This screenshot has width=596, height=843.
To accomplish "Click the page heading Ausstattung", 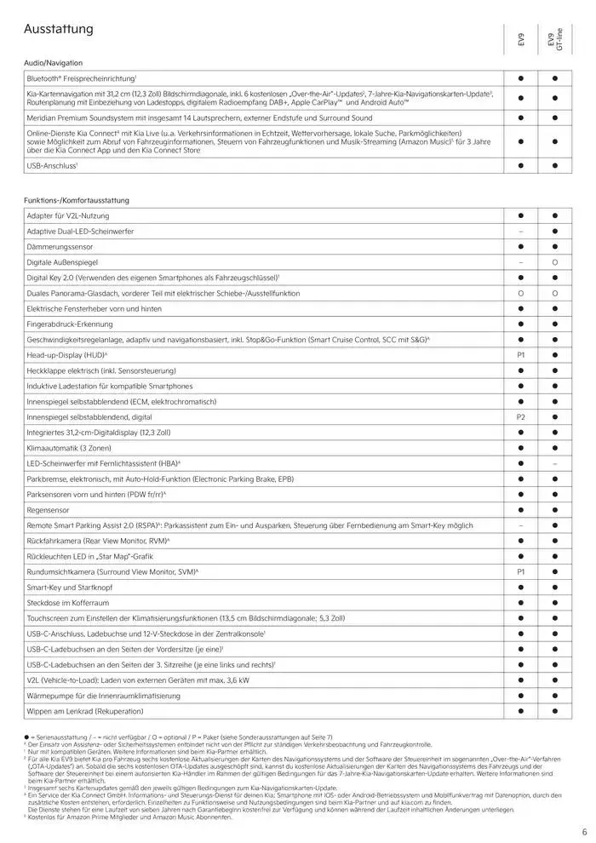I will [x=59, y=30].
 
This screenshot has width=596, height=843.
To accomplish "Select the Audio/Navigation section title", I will [x=54, y=64].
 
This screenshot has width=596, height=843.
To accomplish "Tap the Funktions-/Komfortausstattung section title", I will [x=77, y=199].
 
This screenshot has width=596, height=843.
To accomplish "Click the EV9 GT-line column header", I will [x=554, y=40].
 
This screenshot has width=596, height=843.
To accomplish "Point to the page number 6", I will [x=584, y=832].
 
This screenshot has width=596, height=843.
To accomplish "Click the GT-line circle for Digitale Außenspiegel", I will [x=554, y=263].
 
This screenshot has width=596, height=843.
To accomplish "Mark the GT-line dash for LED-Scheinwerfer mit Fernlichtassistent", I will [x=554, y=462].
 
